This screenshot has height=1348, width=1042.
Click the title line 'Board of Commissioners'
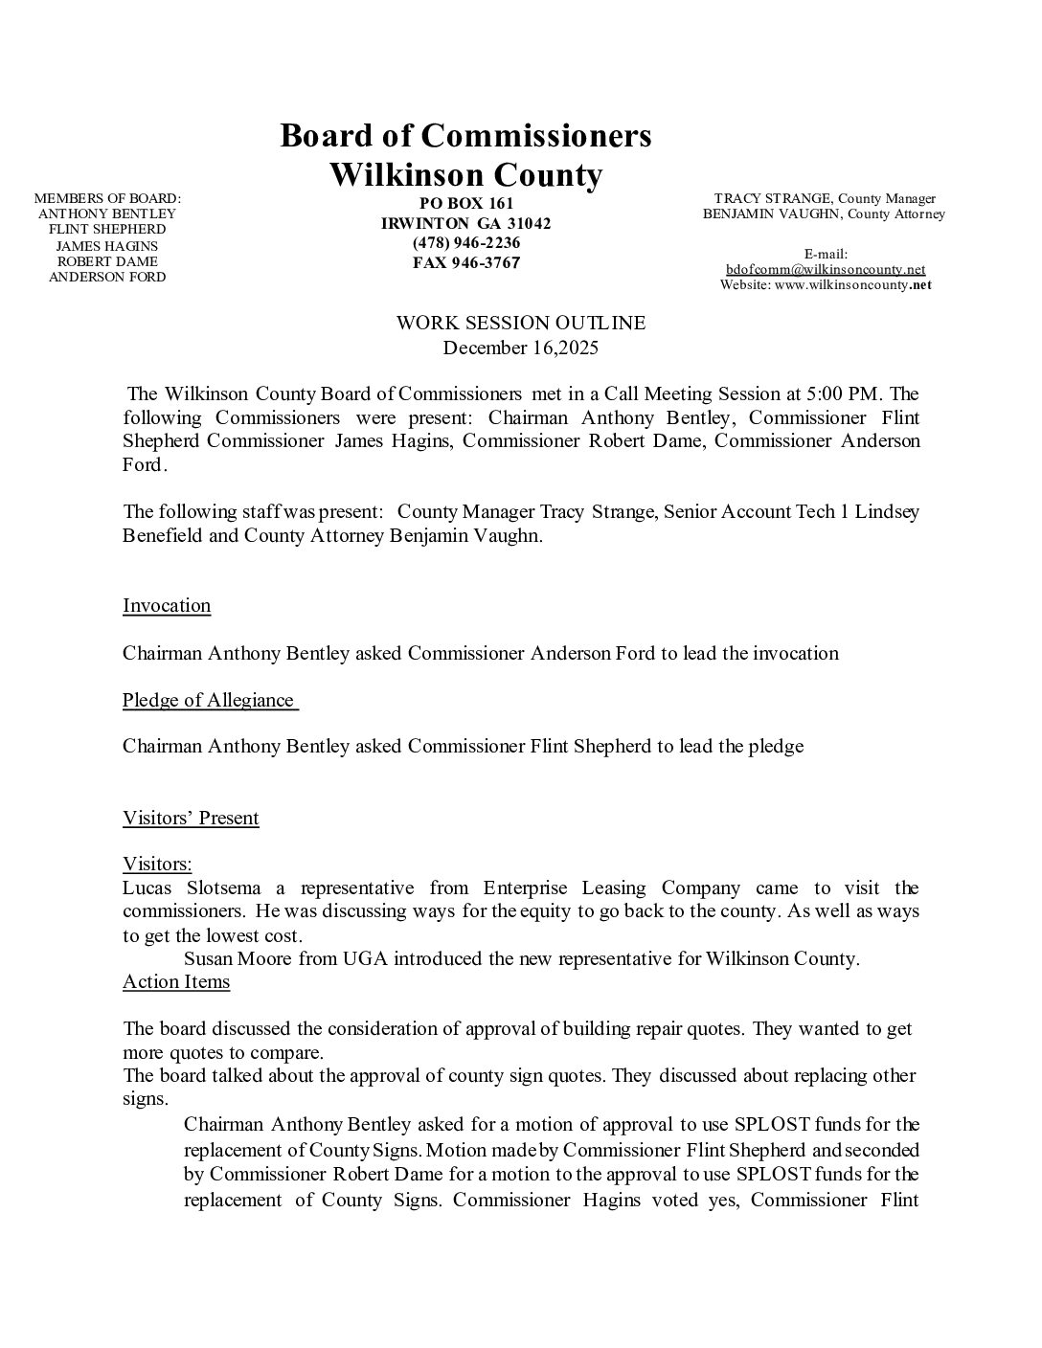(465, 136)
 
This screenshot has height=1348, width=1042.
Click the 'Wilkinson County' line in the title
(465, 175)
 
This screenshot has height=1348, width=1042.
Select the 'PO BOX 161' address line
(466, 203)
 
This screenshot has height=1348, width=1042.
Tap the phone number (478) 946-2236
(466, 242)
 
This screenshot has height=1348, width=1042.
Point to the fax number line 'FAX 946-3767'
(466, 262)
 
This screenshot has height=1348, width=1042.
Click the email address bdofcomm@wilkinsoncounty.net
(825, 269)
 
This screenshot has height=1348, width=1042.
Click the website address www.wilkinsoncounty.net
(847, 284)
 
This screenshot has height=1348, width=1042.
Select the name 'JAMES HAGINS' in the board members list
(107, 245)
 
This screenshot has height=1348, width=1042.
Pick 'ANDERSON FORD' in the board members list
(107, 277)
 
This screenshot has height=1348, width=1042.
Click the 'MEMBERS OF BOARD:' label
(107, 198)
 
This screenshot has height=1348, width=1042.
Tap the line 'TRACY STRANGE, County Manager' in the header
(825, 198)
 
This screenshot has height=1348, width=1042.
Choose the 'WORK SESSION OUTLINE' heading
(521, 323)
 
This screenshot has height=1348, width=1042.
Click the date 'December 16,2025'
(521, 348)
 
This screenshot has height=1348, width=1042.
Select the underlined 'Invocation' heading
(167, 605)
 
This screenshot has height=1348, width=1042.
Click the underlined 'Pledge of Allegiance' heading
(209, 700)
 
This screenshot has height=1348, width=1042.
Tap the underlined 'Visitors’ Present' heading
(191, 818)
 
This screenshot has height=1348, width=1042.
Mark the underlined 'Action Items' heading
(176, 981)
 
